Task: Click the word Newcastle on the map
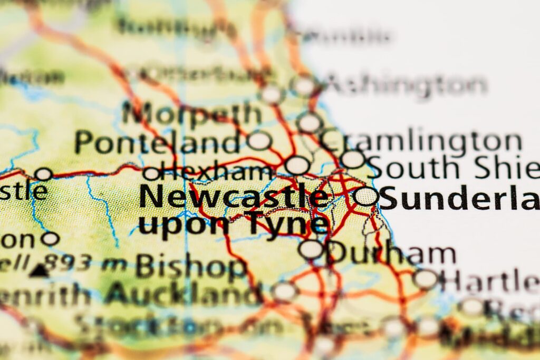tap(233, 197)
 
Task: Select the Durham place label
tap(391, 254)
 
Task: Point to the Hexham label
tap(217, 171)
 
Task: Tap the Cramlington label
tap(422, 141)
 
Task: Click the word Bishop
tap(191, 267)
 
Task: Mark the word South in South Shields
tap(414, 168)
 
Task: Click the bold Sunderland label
tap(459, 199)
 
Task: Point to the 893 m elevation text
tap(84, 261)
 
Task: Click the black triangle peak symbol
tap(39, 271)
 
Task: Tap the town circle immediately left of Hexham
tap(151, 173)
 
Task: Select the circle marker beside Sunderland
tap(366, 197)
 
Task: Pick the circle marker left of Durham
tap(311, 249)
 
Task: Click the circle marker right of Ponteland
tap(259, 140)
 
